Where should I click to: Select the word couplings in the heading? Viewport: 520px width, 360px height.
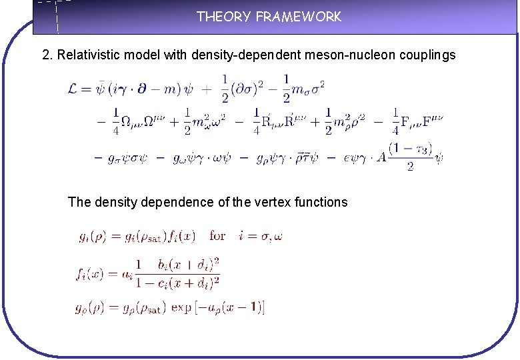click(x=427, y=55)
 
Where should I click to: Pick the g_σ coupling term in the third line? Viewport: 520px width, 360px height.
click(x=128, y=159)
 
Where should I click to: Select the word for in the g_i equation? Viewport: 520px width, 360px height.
click(x=217, y=236)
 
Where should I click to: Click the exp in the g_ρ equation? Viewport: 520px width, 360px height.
click(x=181, y=307)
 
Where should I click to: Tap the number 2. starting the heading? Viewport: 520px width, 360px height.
click(x=47, y=55)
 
